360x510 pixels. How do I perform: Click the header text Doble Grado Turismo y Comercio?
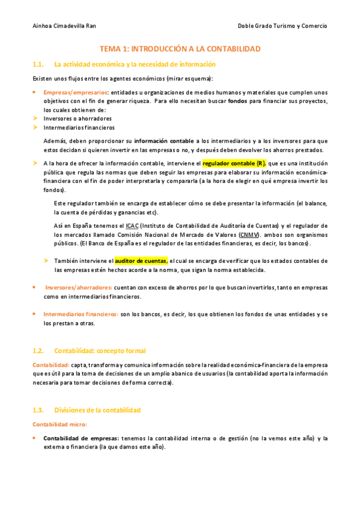click(x=282, y=26)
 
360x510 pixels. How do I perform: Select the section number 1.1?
click(x=38, y=64)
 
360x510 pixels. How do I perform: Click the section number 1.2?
click(x=38, y=351)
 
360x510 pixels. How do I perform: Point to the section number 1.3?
click(x=38, y=410)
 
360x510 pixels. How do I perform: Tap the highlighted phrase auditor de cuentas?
click(x=141, y=261)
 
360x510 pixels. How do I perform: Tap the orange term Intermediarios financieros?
click(x=81, y=314)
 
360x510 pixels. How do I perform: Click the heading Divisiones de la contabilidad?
click(x=97, y=410)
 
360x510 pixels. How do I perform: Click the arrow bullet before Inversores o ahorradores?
click(x=35, y=118)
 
